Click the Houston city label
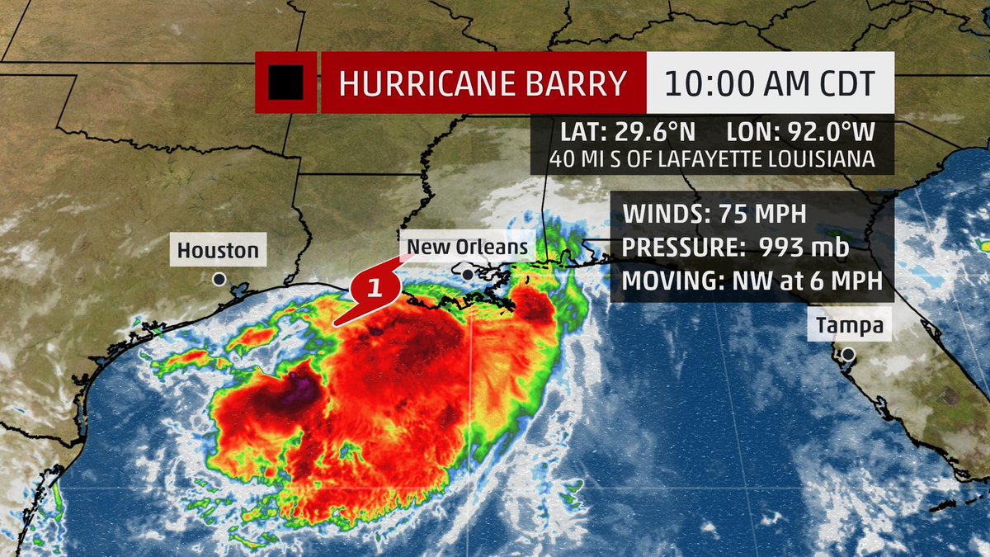click(218, 249)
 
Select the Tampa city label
click(850, 326)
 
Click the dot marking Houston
click(219, 280)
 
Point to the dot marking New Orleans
click(468, 274)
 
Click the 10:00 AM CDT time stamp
click(769, 83)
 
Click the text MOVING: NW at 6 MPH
click(752, 280)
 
